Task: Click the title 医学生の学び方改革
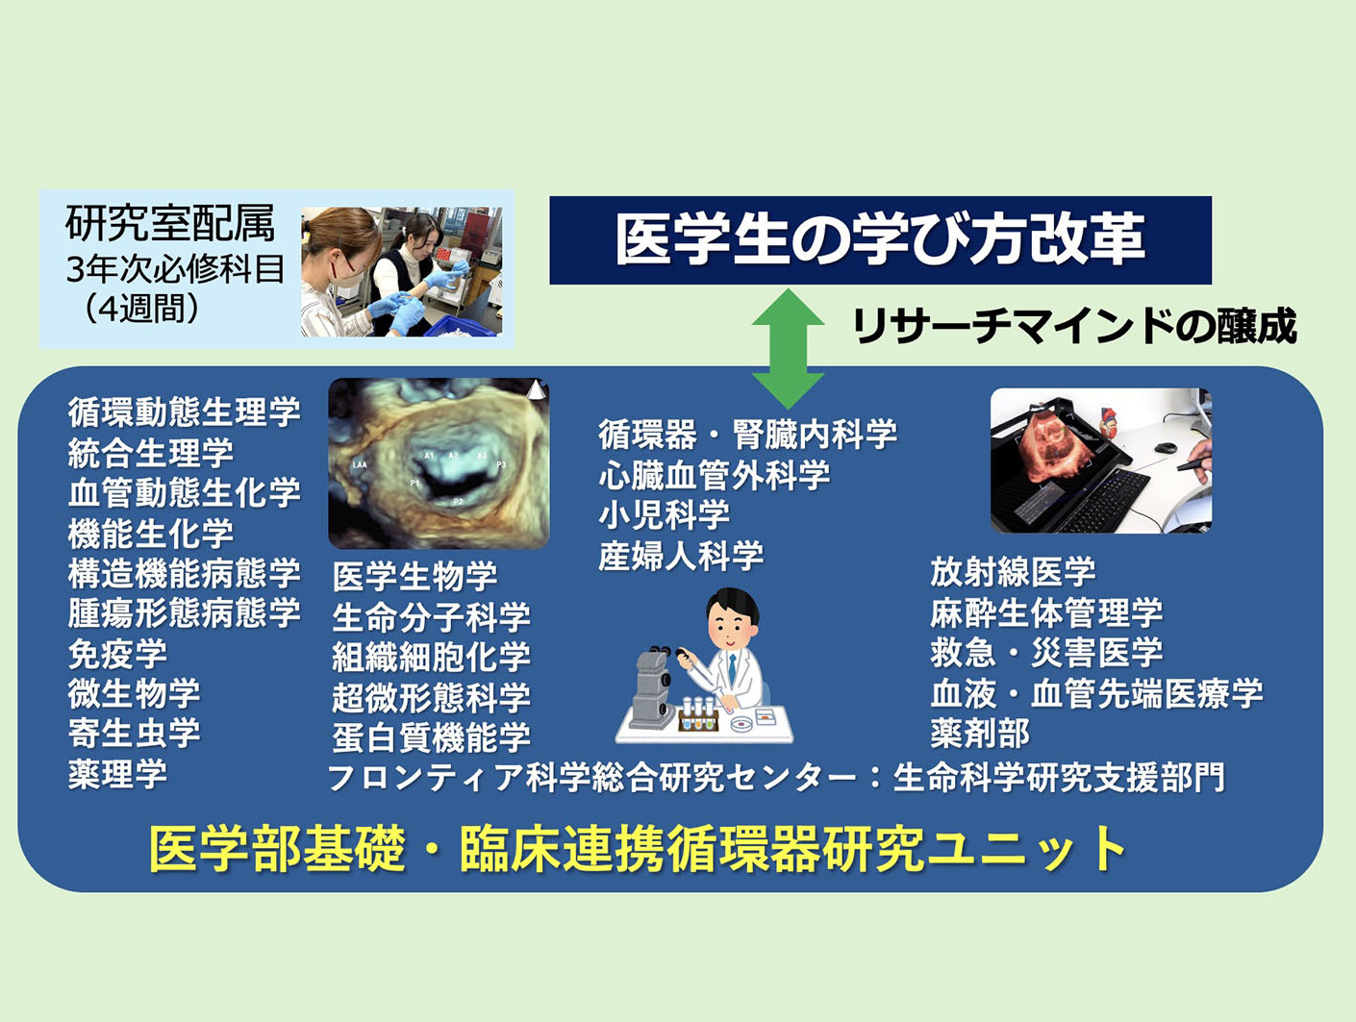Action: pyautogui.click(x=880, y=239)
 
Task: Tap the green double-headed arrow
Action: pyautogui.click(x=788, y=349)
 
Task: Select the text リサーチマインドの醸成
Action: pyautogui.click(x=1074, y=326)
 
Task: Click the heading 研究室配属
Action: pyautogui.click(x=170, y=223)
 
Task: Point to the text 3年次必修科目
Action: pyautogui.click(x=175, y=269)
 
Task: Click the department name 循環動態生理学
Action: pyautogui.click(x=184, y=411)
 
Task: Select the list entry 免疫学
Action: pyautogui.click(x=117, y=654)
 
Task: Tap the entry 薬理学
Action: pyautogui.click(x=117, y=774)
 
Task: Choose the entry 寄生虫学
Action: pyautogui.click(x=134, y=734)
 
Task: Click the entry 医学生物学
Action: pyautogui.click(x=414, y=576)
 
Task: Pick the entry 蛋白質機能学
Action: pyautogui.click(x=431, y=737)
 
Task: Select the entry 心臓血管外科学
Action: pyautogui.click(x=715, y=476)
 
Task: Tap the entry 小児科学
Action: pyautogui.click(x=665, y=515)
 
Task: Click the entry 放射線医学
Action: pyautogui.click(x=1013, y=572)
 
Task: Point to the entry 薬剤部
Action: pyautogui.click(x=980, y=734)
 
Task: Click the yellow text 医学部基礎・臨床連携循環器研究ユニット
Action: pyautogui.click(x=638, y=850)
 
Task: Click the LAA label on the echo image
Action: pyautogui.click(x=359, y=464)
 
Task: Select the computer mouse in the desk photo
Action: pyautogui.click(x=1166, y=448)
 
